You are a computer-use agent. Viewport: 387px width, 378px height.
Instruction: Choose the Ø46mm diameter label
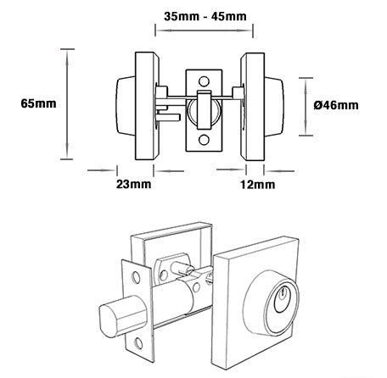click(x=336, y=104)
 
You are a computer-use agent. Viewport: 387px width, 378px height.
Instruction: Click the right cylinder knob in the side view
click(x=281, y=105)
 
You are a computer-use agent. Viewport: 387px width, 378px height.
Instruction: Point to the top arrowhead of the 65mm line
click(x=67, y=52)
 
